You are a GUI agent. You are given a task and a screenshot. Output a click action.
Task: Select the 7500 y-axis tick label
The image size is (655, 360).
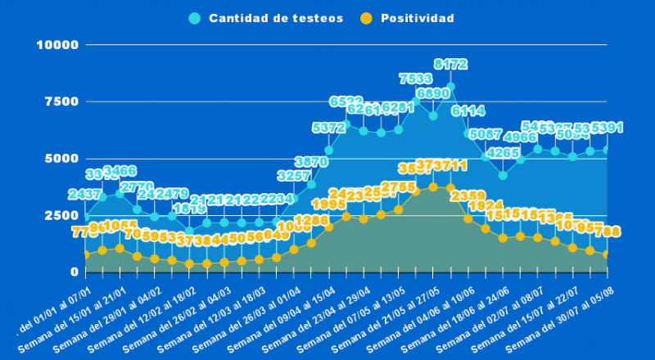tap(61, 101)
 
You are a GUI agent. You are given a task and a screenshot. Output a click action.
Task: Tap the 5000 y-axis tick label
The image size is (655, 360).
tap(61, 158)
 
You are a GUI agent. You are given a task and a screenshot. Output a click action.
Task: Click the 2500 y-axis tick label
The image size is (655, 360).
tap(61, 215)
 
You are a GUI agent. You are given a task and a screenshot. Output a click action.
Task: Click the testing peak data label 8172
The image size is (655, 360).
tap(450, 64)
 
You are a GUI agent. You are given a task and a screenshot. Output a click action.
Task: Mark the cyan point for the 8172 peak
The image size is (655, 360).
tap(450, 87)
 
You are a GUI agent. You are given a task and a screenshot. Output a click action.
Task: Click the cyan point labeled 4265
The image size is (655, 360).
tap(503, 175)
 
